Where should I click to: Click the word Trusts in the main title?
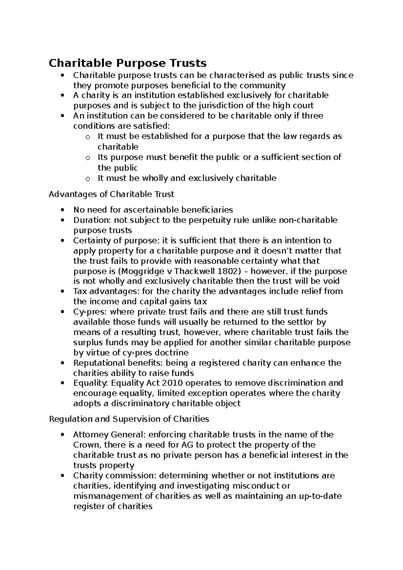click(x=188, y=63)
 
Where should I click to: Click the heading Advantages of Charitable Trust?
click(x=111, y=194)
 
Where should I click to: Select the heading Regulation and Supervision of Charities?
click(x=129, y=419)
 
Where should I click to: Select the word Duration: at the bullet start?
click(x=92, y=220)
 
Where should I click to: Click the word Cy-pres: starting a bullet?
click(x=89, y=312)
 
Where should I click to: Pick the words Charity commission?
click(x=115, y=476)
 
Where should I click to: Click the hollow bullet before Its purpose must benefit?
click(x=88, y=158)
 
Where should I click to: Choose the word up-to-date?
click(x=320, y=496)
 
